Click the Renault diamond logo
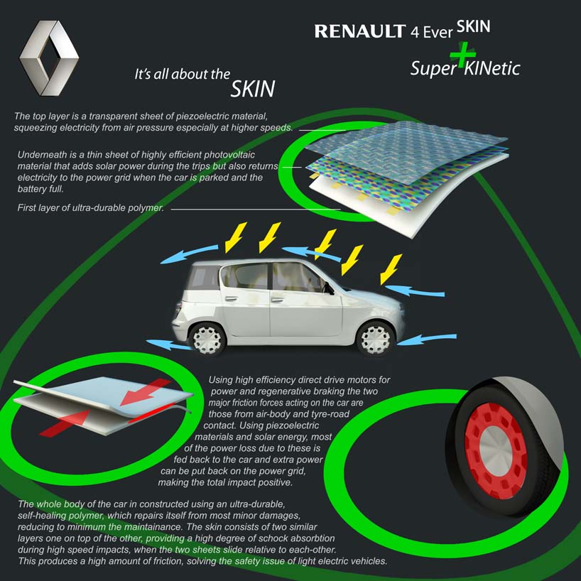[49, 58]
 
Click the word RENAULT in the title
[360, 31]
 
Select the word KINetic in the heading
[492, 69]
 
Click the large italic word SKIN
[253, 89]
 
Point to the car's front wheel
[375, 338]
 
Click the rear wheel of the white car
[207, 339]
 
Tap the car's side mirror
[328, 288]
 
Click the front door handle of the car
[277, 300]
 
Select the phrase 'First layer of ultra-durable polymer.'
[91, 208]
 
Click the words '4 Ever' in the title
[431, 32]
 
